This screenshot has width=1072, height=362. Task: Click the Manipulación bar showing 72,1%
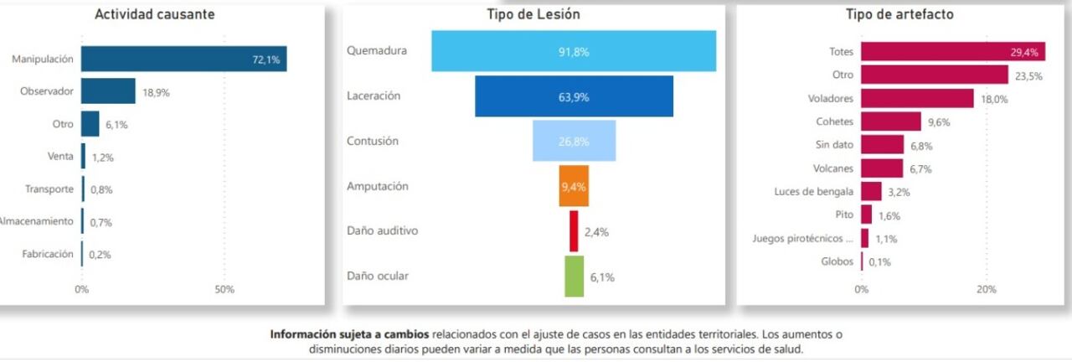pyautogui.click(x=184, y=59)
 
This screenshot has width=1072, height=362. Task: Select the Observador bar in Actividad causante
pyautogui.click(x=108, y=91)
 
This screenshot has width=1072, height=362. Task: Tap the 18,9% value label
pyautogui.click(x=156, y=92)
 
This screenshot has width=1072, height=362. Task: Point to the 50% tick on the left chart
pyautogui.click(x=224, y=289)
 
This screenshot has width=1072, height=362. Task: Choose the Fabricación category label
pyautogui.click(x=48, y=254)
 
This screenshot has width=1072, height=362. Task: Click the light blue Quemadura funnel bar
pyautogui.click(x=574, y=51)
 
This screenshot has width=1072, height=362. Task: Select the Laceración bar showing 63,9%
pyautogui.click(x=574, y=96)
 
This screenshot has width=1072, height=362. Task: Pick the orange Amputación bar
pyautogui.click(x=574, y=186)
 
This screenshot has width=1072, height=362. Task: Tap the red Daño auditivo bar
pyautogui.click(x=574, y=231)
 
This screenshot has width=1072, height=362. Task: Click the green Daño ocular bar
pyautogui.click(x=574, y=277)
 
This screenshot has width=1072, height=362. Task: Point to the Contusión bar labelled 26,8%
pyautogui.click(x=574, y=141)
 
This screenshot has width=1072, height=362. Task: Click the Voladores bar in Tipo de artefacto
pyautogui.click(x=917, y=98)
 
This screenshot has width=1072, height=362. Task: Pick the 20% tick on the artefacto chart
pyautogui.click(x=987, y=289)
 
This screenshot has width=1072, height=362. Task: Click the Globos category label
pyautogui.click(x=837, y=261)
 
